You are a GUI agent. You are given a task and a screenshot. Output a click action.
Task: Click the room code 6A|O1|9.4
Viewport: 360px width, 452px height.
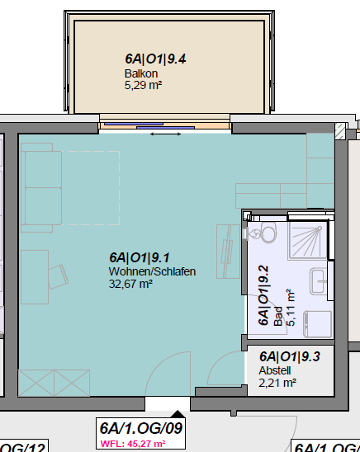[x=155, y=59]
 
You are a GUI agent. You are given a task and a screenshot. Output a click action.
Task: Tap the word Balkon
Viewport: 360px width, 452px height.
[x=141, y=73]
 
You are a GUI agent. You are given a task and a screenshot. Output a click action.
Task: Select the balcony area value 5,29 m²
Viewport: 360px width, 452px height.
[x=143, y=85]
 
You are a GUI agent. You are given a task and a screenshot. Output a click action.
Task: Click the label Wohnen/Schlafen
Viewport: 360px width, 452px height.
[x=152, y=271]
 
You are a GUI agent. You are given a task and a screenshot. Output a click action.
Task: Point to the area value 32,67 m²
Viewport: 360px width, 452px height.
[x=130, y=284]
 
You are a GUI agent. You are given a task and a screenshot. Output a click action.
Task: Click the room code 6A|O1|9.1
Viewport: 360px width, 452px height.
[x=140, y=257]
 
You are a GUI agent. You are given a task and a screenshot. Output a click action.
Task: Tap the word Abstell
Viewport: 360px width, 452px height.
[x=275, y=370]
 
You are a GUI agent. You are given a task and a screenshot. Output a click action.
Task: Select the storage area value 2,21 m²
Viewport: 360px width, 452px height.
[x=277, y=383]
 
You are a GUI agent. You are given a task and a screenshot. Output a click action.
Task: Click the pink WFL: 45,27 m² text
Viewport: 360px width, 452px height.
[x=133, y=444]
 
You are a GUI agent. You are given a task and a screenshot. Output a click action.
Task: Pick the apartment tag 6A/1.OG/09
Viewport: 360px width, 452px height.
[x=140, y=428]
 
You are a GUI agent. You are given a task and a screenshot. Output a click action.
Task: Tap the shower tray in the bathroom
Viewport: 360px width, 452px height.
[x=307, y=240]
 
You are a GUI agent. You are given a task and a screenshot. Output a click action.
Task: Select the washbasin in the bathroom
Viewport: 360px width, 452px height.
[x=319, y=280]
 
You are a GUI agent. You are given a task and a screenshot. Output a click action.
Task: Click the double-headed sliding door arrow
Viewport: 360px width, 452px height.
[x=166, y=134]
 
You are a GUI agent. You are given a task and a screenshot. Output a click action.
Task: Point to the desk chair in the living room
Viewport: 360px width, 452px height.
[x=59, y=277]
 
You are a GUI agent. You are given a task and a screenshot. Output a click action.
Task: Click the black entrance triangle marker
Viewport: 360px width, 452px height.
[x=178, y=414]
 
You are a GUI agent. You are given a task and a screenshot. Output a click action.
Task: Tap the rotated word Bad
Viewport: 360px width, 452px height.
[x=277, y=316]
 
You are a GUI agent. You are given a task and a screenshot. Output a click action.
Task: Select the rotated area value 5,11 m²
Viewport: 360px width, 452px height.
[x=291, y=308]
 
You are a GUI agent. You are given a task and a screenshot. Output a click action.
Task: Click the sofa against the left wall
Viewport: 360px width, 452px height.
[x=41, y=188]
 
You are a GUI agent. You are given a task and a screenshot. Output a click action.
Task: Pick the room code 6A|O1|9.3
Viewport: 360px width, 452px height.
[x=289, y=356]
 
